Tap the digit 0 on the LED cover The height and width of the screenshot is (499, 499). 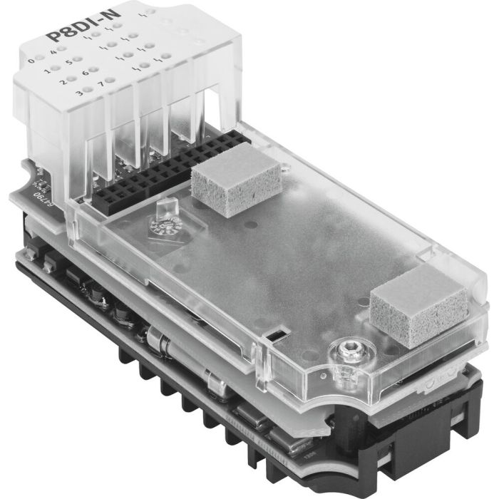[x=31, y=61]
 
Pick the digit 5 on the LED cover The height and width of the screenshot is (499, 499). [x=68, y=61]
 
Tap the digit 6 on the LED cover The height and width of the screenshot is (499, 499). [x=85, y=72]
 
